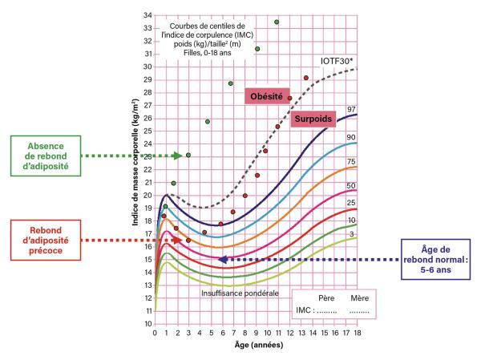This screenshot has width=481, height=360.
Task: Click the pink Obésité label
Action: point(268,97)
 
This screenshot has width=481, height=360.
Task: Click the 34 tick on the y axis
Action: point(148,15)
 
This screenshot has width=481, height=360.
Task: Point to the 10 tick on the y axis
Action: point(148,323)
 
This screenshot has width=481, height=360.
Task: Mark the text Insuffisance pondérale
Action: point(241,293)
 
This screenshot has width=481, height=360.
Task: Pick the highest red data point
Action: point(305,78)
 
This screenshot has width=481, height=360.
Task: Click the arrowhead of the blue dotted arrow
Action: point(222,259)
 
